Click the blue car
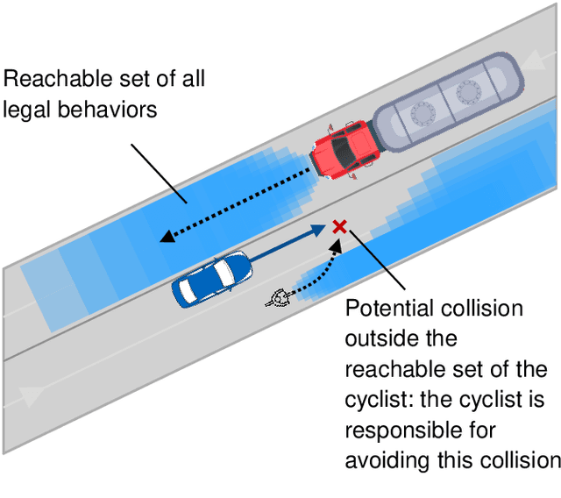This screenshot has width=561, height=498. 211,278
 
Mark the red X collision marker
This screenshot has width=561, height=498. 339,227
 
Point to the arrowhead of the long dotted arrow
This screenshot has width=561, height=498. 164,235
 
